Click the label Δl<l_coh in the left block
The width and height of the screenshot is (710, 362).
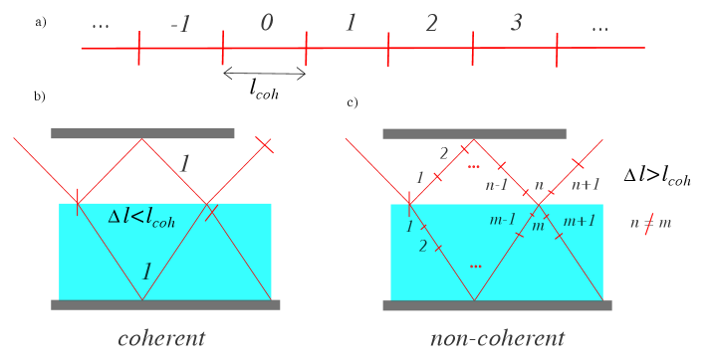(141, 218)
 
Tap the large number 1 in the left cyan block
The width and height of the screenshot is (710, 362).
(146, 272)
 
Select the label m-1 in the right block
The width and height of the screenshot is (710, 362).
(503, 220)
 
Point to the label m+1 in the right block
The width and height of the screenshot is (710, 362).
(579, 221)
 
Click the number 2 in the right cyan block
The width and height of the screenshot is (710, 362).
(423, 247)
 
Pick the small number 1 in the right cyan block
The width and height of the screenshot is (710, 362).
(409, 227)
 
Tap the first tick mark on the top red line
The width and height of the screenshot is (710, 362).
(139, 48)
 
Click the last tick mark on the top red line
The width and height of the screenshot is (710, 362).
(557, 48)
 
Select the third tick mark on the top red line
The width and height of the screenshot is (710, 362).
(306, 48)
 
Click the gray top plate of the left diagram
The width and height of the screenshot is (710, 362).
(142, 133)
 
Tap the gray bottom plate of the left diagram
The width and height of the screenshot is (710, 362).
(165, 305)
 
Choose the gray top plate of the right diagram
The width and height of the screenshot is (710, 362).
(474, 133)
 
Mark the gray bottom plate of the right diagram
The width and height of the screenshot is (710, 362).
(497, 305)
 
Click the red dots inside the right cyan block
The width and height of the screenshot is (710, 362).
(476, 267)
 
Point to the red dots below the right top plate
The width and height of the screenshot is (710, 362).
(474, 167)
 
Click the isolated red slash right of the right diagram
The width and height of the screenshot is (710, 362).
(648, 225)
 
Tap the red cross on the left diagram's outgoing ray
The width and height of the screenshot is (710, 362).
(264, 145)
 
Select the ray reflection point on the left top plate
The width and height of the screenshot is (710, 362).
(141, 139)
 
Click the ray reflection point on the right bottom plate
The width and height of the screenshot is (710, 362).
(475, 299)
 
